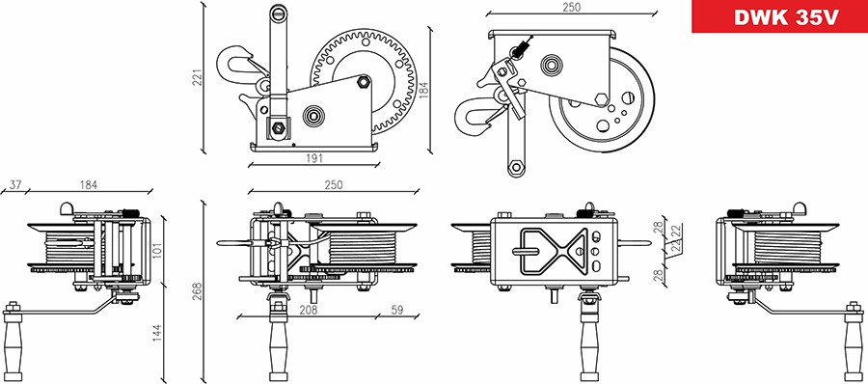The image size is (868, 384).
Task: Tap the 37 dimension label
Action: (14, 184)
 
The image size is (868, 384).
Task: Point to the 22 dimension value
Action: (679, 232)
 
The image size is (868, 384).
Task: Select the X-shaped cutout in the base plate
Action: (551, 252)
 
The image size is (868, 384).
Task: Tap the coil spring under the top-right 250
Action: (523, 48)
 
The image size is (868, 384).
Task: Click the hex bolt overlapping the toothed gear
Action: (364, 83)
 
